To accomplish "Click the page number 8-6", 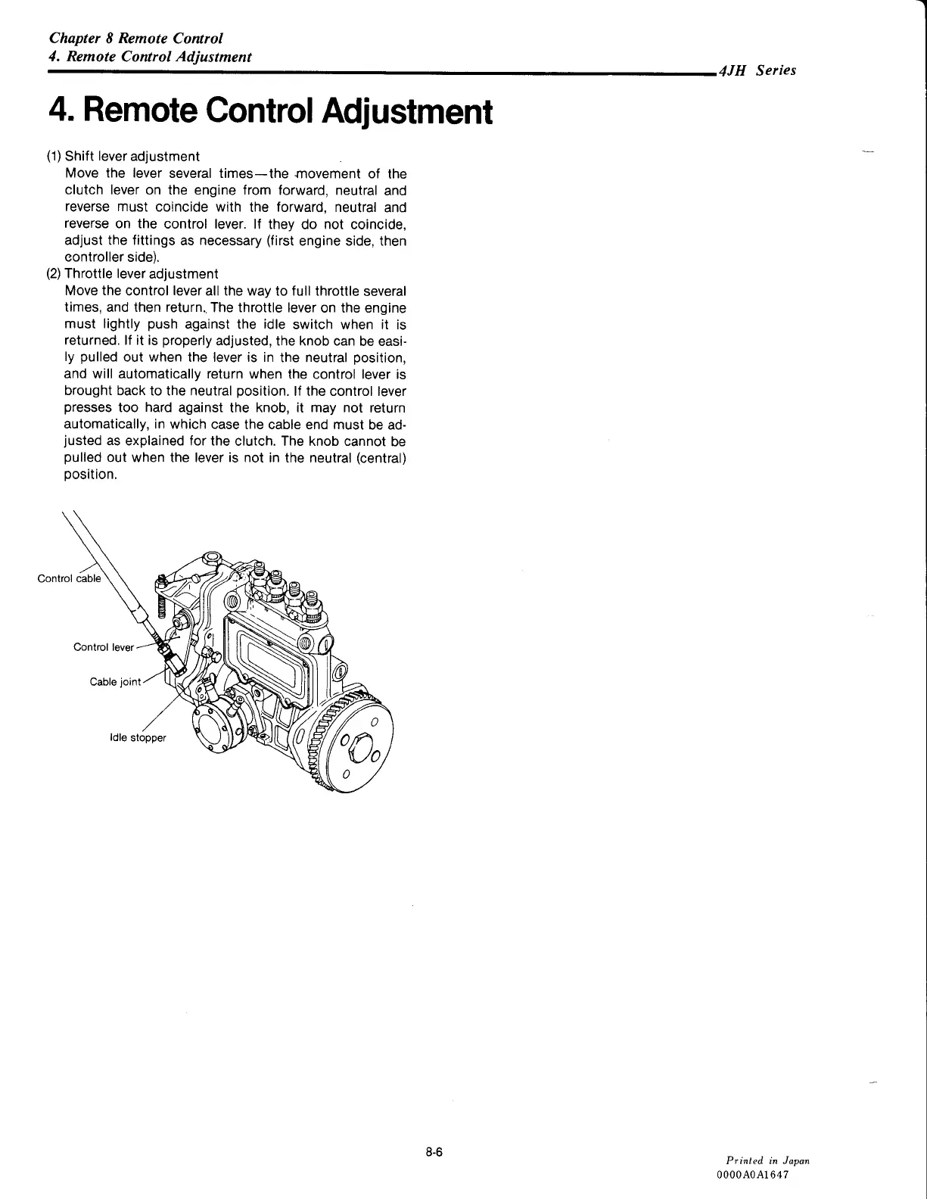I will (x=433, y=1153).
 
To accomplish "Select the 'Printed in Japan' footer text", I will (x=767, y=1160).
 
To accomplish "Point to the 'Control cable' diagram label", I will (x=68, y=579).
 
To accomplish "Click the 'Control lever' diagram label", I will (x=103, y=647).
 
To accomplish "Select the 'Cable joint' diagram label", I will (x=115, y=681).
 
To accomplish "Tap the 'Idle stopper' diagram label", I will (x=137, y=737).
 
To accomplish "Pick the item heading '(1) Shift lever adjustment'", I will (x=123, y=156).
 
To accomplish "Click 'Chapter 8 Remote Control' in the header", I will (x=135, y=38).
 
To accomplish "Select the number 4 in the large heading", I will (x=58, y=112).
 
